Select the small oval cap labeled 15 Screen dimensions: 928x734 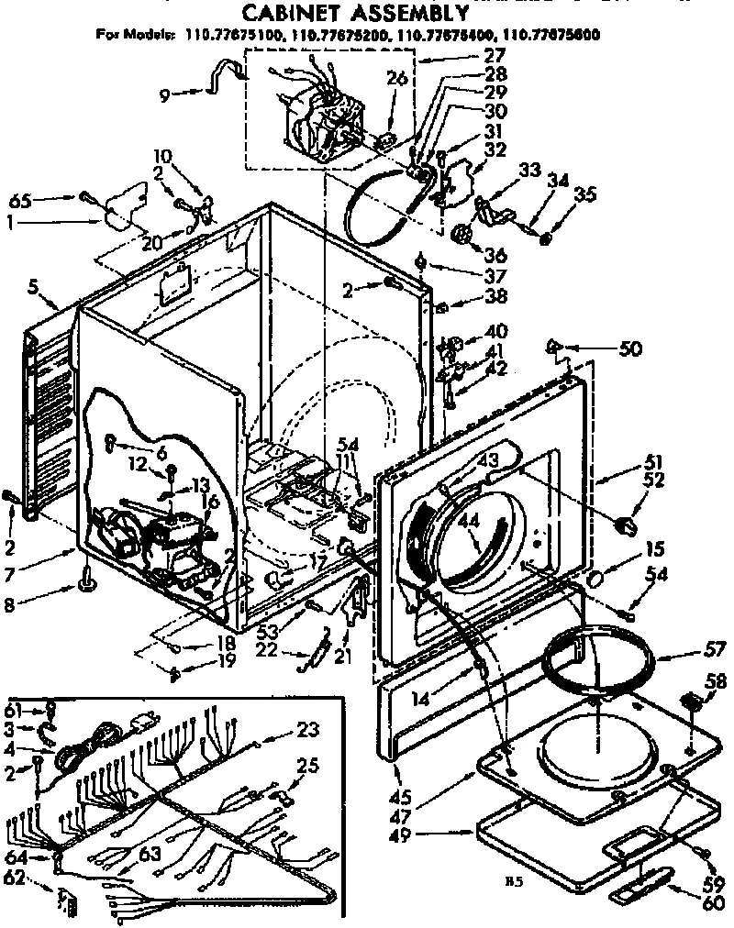click(595, 580)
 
